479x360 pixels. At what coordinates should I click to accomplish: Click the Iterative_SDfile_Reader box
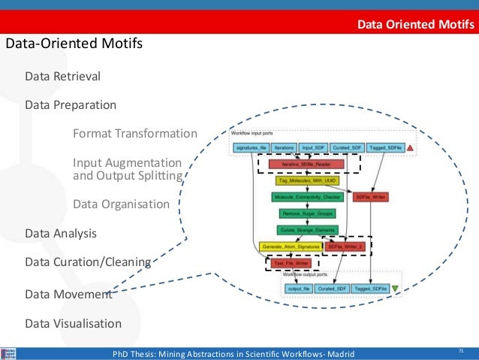(x=308, y=164)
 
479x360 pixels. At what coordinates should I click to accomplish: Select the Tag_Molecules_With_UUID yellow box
(x=306, y=181)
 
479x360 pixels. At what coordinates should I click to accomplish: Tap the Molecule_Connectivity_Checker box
(x=307, y=197)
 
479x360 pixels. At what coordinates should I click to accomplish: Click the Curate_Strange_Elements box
(x=306, y=230)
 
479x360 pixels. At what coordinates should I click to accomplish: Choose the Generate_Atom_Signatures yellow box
(x=291, y=247)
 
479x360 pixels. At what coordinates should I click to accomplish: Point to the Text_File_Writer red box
(x=292, y=264)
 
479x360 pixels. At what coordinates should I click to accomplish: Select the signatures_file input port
(x=251, y=148)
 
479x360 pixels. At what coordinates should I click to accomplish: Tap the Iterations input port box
(x=284, y=148)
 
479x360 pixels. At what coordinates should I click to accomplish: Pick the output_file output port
(x=299, y=289)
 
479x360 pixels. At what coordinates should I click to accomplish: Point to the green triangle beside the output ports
(x=396, y=289)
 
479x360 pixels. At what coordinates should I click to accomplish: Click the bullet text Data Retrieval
(x=62, y=77)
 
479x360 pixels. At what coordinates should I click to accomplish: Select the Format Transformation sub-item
(x=134, y=134)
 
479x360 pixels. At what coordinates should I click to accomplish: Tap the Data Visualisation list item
(x=73, y=324)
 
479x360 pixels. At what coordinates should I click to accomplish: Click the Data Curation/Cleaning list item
(x=87, y=262)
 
